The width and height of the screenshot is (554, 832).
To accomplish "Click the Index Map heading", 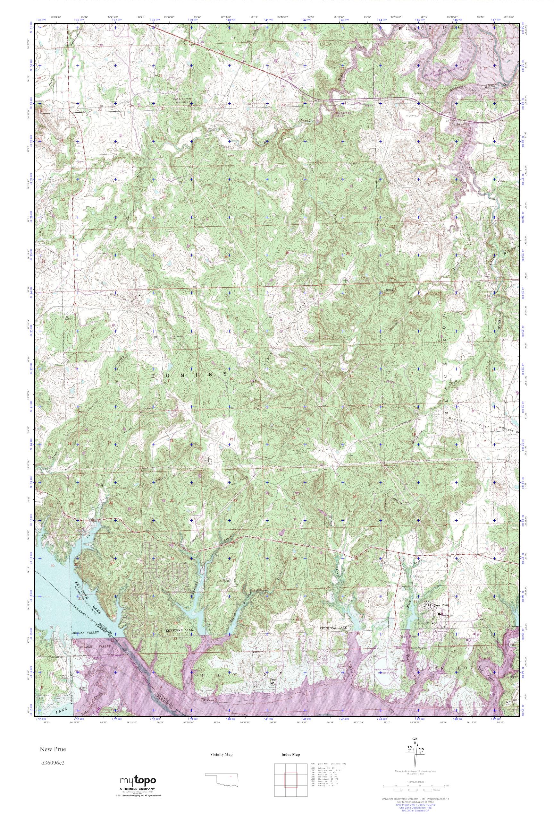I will (291, 764).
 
